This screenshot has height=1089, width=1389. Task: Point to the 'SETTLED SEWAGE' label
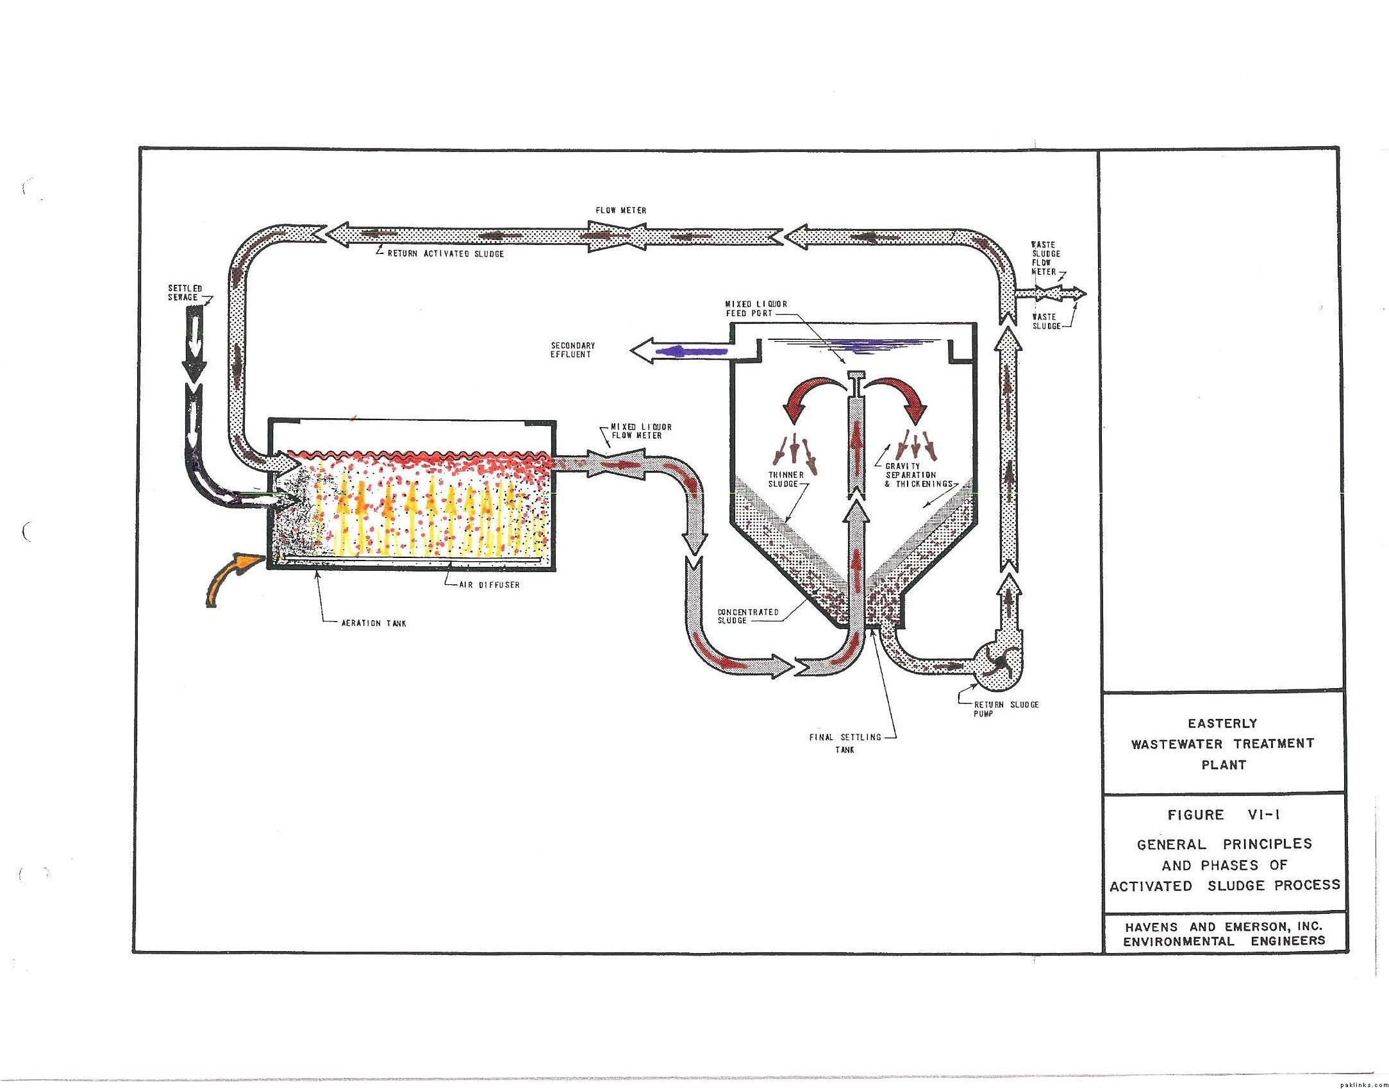tap(185, 293)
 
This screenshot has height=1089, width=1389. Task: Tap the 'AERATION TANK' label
tap(374, 623)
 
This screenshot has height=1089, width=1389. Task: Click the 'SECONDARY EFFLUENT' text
tap(573, 350)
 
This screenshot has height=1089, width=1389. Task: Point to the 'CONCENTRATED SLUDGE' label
tap(748, 616)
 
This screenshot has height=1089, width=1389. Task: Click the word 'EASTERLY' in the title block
tap(1222, 723)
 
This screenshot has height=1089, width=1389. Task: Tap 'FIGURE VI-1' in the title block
tap(1222, 815)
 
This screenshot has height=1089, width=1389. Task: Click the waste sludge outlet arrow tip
tap(1086, 293)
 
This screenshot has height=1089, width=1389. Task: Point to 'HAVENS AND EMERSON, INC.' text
tap(1224, 926)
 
